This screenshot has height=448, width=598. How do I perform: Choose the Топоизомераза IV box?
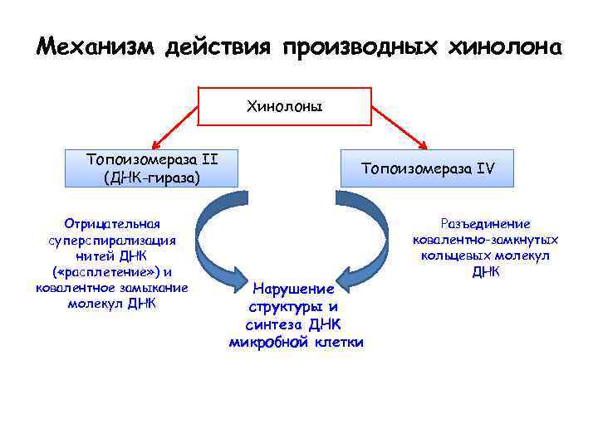pos(427,168)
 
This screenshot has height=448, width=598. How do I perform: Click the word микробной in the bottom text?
pos(267,342)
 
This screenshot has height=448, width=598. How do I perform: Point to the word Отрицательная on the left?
pos(112,224)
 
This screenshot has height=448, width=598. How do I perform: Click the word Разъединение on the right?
pos(486,224)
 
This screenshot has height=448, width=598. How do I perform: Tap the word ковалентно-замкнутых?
pos(486,240)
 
